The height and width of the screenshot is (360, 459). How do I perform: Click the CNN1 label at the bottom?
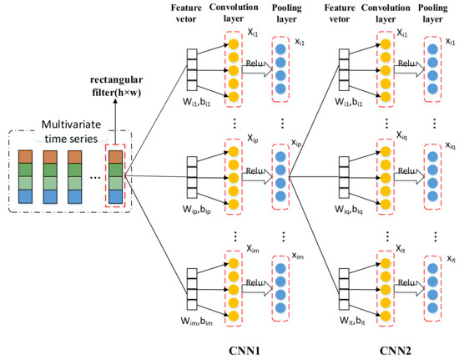tap(245, 351)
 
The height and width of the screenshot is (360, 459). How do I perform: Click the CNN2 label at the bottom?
tap(396, 351)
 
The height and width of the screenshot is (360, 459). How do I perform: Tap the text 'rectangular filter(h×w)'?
tap(117, 86)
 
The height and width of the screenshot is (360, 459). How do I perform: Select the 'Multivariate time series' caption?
tap(71, 131)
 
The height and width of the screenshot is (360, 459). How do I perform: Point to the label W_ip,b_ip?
tap(196, 210)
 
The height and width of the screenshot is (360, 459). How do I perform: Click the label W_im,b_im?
tap(196, 322)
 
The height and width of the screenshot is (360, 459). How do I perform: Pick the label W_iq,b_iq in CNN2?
tap(349, 210)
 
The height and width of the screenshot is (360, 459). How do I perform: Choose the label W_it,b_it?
tap(352, 321)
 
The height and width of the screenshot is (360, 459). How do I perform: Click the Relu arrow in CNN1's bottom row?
tap(257, 288)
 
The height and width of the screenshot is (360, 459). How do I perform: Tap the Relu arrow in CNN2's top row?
tap(409, 69)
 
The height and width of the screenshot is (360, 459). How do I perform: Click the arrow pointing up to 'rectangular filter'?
tap(115, 122)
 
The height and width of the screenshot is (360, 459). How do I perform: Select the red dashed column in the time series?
tap(115, 175)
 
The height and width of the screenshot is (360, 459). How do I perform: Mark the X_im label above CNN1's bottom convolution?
tap(253, 249)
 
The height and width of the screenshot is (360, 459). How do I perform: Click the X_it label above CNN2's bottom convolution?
tap(401, 249)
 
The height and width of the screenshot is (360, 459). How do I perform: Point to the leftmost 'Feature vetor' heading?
tap(186, 13)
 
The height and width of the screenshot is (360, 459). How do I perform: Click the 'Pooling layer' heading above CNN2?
tap(432, 13)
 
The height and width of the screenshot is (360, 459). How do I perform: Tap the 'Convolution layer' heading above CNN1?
tap(234, 13)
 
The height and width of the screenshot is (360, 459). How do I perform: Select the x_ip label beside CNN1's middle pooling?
tap(296, 143)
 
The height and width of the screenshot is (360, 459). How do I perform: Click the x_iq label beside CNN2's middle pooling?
tap(451, 145)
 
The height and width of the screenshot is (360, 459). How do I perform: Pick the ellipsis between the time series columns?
tap(95, 178)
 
